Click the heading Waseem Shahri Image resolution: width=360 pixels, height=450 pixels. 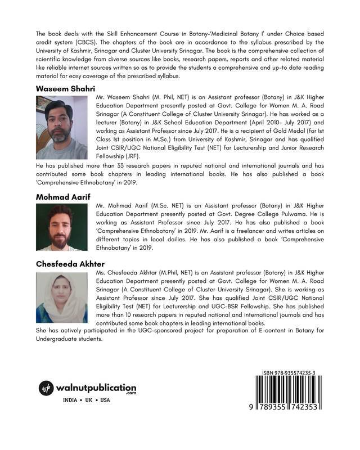pyautogui.click(x=65, y=89)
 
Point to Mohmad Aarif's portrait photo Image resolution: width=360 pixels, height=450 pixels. pyautogui.click(x=61, y=227)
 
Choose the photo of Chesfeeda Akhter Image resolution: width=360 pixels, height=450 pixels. pyautogui.click(x=61, y=298)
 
